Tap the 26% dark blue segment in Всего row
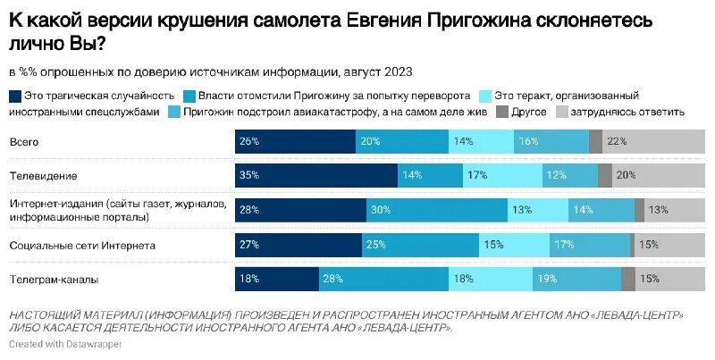click(x=295, y=141)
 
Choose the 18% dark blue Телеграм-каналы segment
click(x=277, y=280)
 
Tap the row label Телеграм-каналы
click(x=54, y=280)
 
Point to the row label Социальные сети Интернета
click(x=82, y=245)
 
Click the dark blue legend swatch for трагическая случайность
click(x=15, y=96)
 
